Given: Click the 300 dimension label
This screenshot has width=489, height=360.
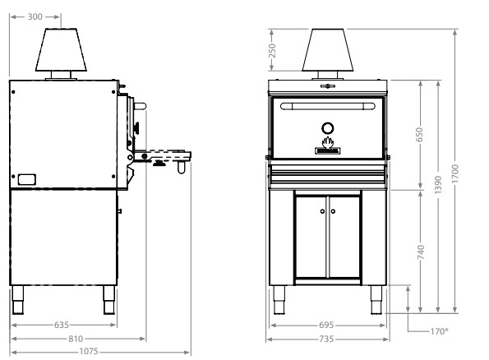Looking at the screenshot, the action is (x=35, y=16).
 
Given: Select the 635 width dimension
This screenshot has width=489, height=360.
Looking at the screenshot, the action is (x=62, y=325).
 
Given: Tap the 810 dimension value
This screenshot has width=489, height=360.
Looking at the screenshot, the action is (x=76, y=339).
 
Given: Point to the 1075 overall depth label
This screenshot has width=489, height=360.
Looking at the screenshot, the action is (x=89, y=352).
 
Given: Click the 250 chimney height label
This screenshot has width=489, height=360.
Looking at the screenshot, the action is (x=272, y=50).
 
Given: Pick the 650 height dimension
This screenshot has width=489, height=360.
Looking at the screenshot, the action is (x=420, y=135).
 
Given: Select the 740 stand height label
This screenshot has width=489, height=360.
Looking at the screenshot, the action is (x=421, y=252).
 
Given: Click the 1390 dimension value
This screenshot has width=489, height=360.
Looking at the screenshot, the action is (x=438, y=185).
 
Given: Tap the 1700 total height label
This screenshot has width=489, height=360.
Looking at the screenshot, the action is (x=455, y=174).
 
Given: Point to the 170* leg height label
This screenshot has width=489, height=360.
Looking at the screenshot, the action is (x=440, y=331).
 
